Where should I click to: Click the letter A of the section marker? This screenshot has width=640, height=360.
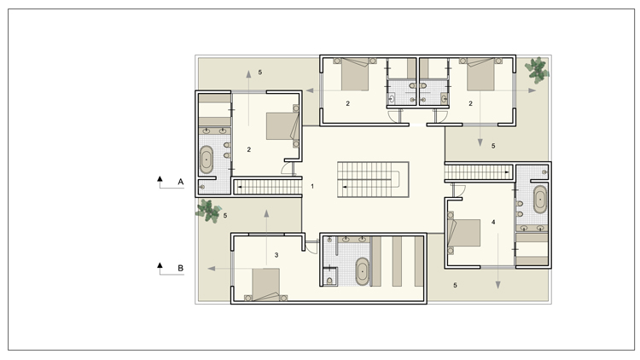[180, 182]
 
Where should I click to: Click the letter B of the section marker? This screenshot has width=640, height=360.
[180, 268]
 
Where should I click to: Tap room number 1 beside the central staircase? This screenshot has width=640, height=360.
[312, 186]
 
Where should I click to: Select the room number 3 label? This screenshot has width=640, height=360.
[276, 255]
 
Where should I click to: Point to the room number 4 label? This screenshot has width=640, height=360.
[493, 222]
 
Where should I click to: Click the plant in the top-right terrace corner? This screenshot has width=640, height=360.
[537, 70]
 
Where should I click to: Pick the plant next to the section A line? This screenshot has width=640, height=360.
[208, 211]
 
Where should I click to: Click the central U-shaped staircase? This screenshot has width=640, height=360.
[373, 180]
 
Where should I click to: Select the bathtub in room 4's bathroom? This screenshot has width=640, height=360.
[540, 200]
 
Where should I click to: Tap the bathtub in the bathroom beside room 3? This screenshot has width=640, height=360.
[362, 271]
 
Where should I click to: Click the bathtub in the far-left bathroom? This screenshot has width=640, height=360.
[207, 160]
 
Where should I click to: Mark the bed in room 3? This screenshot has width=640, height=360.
[265, 285]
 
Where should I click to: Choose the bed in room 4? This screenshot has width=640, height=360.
[463, 233]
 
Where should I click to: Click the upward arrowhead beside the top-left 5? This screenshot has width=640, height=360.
[248, 74]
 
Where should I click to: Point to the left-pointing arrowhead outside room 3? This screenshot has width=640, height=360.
[212, 269]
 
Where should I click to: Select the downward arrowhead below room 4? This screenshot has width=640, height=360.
[498, 285]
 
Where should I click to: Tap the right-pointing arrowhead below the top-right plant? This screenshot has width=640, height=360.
[532, 90]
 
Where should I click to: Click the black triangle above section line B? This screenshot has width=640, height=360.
[160, 265]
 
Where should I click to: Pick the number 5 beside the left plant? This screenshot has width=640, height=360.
[225, 216]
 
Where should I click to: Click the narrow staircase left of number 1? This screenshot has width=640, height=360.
[268, 187]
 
